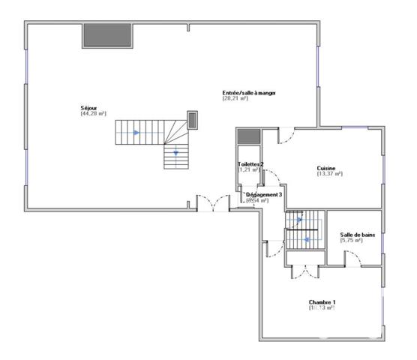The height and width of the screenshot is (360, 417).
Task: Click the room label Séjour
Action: [x=88, y=108]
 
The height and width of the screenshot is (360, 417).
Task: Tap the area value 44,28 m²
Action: [x=94, y=114]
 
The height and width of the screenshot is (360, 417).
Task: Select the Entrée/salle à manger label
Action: [x=249, y=93]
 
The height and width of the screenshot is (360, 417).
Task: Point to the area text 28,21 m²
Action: [x=235, y=99]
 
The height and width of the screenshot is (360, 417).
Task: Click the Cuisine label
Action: [x=326, y=168]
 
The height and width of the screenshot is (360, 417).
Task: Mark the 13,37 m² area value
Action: [x=330, y=174]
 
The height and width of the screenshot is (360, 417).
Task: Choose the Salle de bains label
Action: [x=357, y=234]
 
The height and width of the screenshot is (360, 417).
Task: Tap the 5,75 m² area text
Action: [x=352, y=240]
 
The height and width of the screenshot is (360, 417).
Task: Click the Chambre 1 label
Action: [x=322, y=302]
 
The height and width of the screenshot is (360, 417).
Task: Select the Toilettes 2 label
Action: [x=250, y=163]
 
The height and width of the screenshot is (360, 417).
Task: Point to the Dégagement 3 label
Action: [x=264, y=194]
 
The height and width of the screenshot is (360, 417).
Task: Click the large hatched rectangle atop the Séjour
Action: [x=107, y=34]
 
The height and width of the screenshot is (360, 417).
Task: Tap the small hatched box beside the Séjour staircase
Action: [x=192, y=120]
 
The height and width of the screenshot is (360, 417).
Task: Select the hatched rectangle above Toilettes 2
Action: [x=247, y=136]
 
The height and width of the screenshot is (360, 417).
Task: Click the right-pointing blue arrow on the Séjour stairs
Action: [x=136, y=133]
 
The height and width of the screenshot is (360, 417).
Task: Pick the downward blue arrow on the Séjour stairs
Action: [x=176, y=154]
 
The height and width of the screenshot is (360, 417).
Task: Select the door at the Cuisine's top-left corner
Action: [x=286, y=136]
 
